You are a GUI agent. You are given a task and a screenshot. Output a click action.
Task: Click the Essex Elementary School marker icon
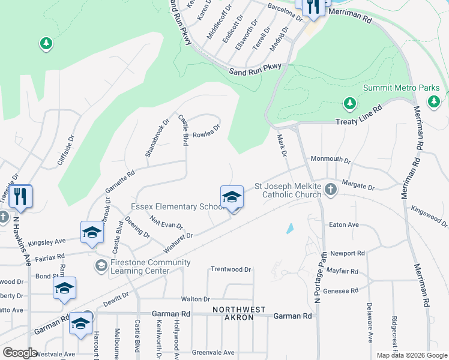(232, 197)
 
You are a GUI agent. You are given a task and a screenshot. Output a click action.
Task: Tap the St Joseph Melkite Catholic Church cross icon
(330, 190)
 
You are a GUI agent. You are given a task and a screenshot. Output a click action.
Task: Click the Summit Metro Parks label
(402, 88)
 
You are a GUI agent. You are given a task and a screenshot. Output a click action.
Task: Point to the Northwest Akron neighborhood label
(238, 313)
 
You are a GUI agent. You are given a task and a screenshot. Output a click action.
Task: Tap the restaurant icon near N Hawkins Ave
(21, 196)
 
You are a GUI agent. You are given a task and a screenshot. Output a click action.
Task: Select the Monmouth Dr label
(330, 160)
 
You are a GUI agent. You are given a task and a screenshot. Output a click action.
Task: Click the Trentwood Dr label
(231, 270)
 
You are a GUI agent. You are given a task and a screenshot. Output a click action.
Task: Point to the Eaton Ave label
(344, 224)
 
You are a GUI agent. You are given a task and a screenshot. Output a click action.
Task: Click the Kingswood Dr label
(429, 217)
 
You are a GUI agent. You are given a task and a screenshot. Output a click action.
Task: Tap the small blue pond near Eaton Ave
(291, 228)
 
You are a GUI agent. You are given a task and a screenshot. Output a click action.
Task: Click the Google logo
(20, 353)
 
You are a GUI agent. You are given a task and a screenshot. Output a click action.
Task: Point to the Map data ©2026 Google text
(411, 355)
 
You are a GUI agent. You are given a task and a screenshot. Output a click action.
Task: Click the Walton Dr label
(196, 299)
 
